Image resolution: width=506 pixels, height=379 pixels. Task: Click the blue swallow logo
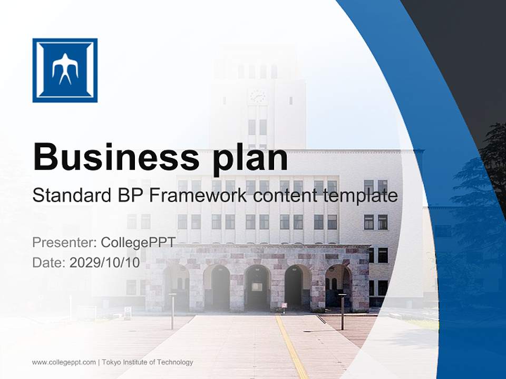pyautogui.click(x=65, y=70)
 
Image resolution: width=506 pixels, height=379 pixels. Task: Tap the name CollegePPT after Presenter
pyautogui.click(x=138, y=243)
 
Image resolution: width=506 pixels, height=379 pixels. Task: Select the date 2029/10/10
pyautogui.click(x=105, y=263)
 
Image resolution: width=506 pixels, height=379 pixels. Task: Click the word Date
pyautogui.click(x=48, y=263)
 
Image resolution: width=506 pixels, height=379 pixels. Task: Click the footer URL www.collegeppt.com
pyautogui.click(x=64, y=362)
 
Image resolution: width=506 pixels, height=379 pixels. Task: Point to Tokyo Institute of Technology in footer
pyautogui.click(x=148, y=362)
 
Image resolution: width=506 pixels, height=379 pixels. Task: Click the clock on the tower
pyautogui.click(x=258, y=96)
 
